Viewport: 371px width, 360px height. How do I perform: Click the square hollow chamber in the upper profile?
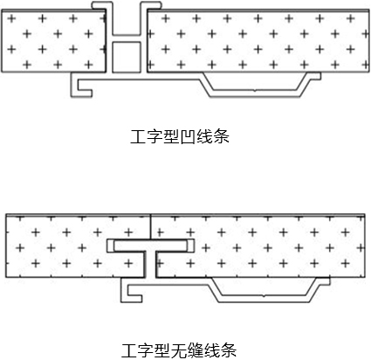coord(127,57)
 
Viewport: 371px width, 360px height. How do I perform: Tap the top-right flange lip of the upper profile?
coord(150,5)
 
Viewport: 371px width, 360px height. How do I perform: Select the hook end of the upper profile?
coord(82,88)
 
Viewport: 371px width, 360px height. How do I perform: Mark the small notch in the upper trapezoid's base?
coord(255,91)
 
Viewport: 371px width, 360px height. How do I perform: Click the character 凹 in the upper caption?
coord(188,136)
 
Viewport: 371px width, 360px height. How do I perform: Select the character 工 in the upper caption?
coord(138,136)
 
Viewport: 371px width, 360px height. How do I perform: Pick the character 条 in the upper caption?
coord(221,136)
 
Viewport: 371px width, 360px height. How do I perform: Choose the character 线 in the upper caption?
coord(204,136)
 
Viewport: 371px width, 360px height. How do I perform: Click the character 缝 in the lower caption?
coord(196,350)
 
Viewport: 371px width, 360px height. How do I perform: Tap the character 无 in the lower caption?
coord(179,350)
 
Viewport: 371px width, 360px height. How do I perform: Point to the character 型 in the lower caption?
coord(162,350)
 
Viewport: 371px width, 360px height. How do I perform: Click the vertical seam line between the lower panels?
coord(151,227)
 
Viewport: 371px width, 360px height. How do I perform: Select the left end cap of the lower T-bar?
coord(110,246)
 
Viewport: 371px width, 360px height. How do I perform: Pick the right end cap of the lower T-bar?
coord(190,246)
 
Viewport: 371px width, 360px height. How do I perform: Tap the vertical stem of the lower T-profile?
coord(150,265)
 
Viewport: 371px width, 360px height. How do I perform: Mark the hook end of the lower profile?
coord(132,293)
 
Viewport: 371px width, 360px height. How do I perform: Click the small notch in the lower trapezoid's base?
coord(264,295)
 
